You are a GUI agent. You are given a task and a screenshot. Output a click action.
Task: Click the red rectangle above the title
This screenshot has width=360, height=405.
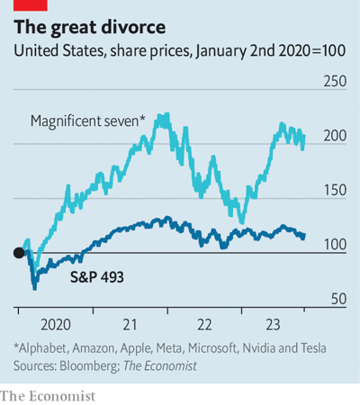click(x=31, y=5)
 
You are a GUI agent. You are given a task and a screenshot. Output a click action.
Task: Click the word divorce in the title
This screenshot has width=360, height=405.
click(x=133, y=27)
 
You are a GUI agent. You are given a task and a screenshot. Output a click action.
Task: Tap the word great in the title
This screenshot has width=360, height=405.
click(x=74, y=28)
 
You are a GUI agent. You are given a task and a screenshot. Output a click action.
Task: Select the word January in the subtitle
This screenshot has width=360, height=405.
click(x=220, y=51)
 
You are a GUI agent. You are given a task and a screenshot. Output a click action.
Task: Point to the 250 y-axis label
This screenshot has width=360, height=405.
click(x=335, y=81)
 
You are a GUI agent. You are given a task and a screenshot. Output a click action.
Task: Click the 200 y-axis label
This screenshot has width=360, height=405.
click(x=335, y=136)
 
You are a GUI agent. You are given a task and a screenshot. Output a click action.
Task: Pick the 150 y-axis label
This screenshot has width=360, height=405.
click(x=335, y=190)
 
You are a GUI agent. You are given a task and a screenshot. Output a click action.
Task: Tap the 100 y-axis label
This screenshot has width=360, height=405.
click(x=335, y=245)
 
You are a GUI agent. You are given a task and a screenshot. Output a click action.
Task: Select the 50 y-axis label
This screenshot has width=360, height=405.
click(x=338, y=299)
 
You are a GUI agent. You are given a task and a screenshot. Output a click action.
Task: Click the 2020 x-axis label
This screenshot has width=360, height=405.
click(x=56, y=325)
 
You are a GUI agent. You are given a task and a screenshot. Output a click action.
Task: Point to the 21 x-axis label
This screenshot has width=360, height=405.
click(x=130, y=325)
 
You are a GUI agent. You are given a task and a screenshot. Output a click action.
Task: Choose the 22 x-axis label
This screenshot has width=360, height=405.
click(x=204, y=325)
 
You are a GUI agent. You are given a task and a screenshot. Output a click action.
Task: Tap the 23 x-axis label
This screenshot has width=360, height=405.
click(x=273, y=325)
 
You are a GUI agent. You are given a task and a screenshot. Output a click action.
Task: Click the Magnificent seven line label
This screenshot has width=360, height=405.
click(x=88, y=121)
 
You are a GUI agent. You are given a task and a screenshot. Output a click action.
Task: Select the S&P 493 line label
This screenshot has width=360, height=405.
click(x=97, y=277)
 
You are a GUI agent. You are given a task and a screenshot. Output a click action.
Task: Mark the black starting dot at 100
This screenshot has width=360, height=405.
click(x=19, y=253)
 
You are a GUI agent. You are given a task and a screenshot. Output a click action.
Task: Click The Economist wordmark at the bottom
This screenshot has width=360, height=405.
click(x=48, y=396)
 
